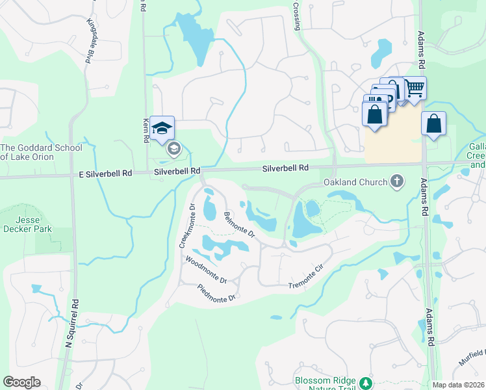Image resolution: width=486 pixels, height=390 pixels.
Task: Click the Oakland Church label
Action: [354, 183]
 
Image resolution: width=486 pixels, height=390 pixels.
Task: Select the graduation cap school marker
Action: [162, 127]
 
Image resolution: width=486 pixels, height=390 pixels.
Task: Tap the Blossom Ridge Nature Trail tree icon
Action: [367, 382]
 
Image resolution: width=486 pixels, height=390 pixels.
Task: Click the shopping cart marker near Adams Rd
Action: [415, 88]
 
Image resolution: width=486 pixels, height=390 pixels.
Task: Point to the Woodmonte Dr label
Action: [205, 270]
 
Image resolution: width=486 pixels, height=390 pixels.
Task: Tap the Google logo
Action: [21, 382]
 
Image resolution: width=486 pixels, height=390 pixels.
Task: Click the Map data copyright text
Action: [458, 385]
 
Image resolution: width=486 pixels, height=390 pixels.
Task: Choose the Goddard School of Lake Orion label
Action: [41, 152]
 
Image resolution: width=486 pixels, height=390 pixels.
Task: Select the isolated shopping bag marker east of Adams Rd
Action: [433, 123]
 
